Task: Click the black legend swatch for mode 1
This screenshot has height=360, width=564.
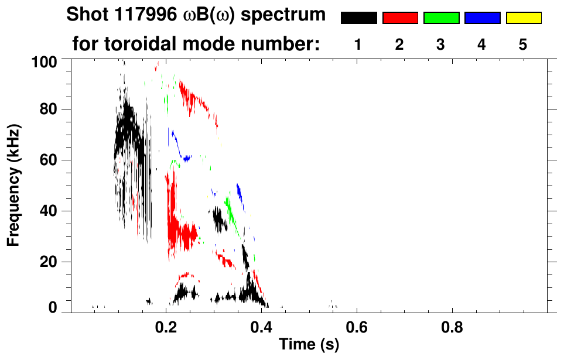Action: pos(358,18)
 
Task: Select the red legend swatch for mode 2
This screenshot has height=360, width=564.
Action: pos(400,18)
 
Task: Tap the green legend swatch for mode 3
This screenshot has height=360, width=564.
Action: pos(441,18)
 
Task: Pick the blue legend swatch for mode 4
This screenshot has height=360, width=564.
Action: pos(482,18)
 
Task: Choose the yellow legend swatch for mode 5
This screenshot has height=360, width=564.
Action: pos(523,18)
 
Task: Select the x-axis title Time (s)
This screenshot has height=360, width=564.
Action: pos(308,345)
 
